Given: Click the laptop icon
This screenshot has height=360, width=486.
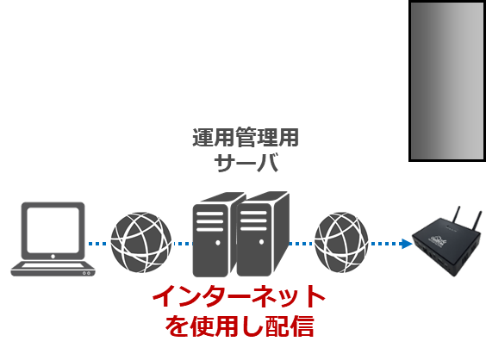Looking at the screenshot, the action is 53,239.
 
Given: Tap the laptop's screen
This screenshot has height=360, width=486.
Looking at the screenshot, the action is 53,230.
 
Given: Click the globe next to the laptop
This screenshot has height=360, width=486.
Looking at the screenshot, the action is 141,242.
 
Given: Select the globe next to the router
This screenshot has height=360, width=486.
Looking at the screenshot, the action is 341,242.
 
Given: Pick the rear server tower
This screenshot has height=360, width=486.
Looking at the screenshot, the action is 214,235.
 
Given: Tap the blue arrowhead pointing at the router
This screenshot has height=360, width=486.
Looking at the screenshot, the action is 407,244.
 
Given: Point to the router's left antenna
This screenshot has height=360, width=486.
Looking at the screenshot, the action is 456,215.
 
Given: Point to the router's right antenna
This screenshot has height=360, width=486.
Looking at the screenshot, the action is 478,220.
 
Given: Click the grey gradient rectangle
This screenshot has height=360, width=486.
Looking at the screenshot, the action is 447,81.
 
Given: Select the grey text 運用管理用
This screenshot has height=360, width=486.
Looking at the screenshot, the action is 246,137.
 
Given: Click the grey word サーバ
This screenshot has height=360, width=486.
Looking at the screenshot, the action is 246,162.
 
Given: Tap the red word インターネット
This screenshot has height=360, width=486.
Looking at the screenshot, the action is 239,296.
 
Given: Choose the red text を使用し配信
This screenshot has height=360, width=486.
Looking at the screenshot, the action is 240,326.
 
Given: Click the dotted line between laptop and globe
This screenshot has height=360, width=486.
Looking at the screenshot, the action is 97,244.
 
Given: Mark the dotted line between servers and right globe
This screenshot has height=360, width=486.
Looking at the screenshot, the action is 302,244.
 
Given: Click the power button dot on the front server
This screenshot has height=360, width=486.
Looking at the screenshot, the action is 262,242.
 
